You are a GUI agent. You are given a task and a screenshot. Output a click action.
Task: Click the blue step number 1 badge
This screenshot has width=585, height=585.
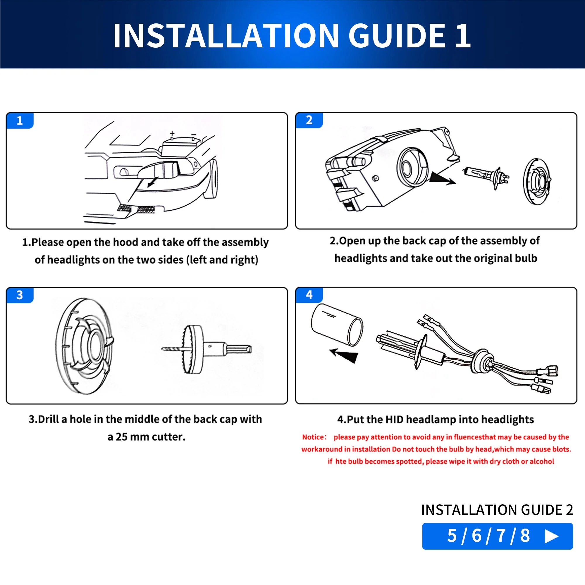[20, 121]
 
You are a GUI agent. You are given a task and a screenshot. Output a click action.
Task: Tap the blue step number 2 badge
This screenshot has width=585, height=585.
[309, 120]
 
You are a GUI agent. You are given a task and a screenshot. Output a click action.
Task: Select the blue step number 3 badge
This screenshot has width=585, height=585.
[20, 295]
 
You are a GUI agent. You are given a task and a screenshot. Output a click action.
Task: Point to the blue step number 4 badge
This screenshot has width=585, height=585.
[309, 295]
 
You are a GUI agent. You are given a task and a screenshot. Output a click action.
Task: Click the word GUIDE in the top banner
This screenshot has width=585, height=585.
[397, 36]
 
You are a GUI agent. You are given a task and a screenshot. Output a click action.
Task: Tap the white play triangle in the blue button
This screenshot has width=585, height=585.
[551, 536]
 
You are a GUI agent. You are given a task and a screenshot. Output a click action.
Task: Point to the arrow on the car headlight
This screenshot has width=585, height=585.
[153, 182]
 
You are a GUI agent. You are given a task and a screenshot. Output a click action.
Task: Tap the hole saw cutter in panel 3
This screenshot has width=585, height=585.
[206, 349]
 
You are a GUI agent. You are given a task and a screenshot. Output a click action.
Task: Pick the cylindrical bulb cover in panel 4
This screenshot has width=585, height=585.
[337, 325]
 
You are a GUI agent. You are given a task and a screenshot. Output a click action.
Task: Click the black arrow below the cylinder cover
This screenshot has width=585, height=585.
[344, 355]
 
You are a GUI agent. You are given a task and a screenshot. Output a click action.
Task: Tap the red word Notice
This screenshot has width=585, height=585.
[314, 437]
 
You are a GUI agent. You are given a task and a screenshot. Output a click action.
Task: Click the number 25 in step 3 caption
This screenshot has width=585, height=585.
[121, 437]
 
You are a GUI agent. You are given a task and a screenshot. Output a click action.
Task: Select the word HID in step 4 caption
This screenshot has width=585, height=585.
[394, 419]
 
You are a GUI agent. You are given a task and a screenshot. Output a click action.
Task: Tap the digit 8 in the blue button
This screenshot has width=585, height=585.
[525, 536]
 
